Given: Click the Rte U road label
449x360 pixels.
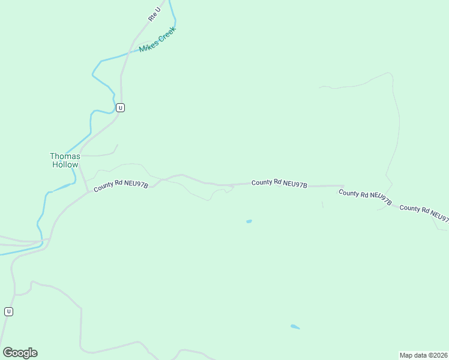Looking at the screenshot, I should pyautogui.click(x=155, y=14).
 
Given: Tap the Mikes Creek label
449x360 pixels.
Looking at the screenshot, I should pyautogui.click(x=157, y=39).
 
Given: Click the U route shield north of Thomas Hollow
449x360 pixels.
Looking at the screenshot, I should pyautogui.click(x=121, y=108).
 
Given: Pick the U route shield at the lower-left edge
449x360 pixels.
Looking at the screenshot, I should pyautogui.click(x=8, y=311).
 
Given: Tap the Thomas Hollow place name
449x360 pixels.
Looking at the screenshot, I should pyautogui.click(x=65, y=160).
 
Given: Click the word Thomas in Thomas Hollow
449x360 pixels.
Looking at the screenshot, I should pyautogui.click(x=65, y=156).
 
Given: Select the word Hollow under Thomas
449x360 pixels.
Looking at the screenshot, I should pyautogui.click(x=65, y=164).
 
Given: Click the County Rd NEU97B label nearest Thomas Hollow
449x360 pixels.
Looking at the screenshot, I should pyautogui.click(x=121, y=187).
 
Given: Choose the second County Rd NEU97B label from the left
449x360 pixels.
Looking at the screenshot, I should pyautogui.click(x=279, y=183).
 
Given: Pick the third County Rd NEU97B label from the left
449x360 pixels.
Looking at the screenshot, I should pyautogui.click(x=365, y=197).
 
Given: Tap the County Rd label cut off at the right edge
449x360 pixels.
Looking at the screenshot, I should pyautogui.click(x=424, y=212).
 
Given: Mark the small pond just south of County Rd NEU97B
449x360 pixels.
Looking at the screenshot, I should pyautogui.click(x=249, y=221).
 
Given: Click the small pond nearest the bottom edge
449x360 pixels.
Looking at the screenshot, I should pyautogui.click(x=295, y=327).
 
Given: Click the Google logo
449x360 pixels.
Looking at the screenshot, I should pyautogui.click(x=20, y=353).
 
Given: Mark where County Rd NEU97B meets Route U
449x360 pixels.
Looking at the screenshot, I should pyautogui.click(x=89, y=191).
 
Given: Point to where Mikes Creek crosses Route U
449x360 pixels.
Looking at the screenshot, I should pyautogui.click(x=127, y=53).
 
